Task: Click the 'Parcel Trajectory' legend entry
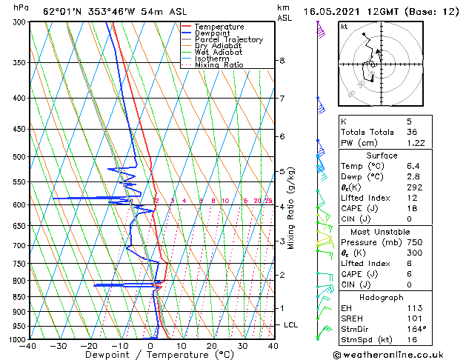pos(228,39)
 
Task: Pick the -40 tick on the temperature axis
pos(29,346)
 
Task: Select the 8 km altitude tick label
pos(282,60)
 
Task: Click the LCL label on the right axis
pos(291,324)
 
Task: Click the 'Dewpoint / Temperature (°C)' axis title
pos(151,355)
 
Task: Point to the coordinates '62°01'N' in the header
pos(61,12)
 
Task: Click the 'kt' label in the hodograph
pos(344,26)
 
